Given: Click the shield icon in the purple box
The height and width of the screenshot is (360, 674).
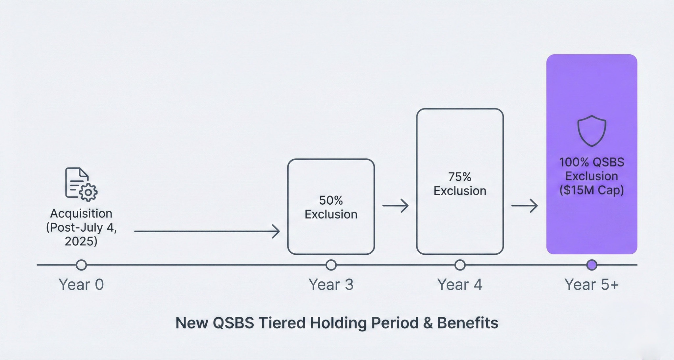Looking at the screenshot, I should click(592, 131).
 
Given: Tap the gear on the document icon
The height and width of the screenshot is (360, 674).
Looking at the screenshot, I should click(88, 193).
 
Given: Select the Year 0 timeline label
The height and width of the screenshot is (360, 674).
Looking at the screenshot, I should click(81, 285).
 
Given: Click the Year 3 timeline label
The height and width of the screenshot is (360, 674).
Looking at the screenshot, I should click(331, 285).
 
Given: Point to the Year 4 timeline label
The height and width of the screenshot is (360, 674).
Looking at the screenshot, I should click(460, 285).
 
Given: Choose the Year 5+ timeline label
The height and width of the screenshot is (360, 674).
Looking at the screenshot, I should click(591, 285).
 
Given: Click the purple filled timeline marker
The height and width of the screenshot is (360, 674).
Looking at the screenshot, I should click(592, 265).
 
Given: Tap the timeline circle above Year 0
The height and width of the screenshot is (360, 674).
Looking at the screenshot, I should click(81, 265).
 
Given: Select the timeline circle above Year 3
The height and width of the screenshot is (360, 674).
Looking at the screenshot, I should click(331, 265).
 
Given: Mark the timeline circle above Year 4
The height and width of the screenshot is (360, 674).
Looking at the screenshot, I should click(460, 265).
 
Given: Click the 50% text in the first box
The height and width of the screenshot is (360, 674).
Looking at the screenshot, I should click(331, 200).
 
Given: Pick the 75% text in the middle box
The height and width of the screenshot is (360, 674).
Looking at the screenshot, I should click(459, 177).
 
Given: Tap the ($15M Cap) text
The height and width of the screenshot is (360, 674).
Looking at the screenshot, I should click(591, 190).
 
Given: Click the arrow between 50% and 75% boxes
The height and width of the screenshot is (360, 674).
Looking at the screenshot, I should click(395, 206).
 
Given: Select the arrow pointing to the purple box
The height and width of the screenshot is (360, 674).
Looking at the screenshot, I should click(524, 206).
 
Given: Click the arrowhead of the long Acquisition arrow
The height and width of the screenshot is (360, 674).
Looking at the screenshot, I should click(276, 231).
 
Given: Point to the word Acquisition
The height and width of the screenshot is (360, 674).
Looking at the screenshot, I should click(81, 214).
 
